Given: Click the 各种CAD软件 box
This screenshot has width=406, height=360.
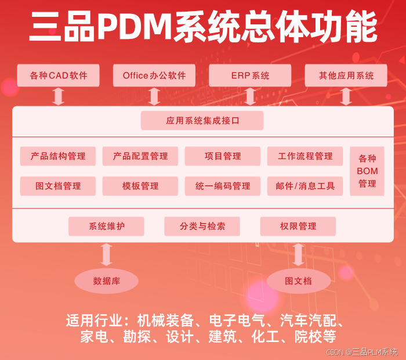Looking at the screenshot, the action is [x=58, y=75].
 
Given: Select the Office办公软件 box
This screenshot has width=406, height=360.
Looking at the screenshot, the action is [x=154, y=75].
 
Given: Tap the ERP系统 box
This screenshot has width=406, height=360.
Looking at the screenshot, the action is [x=250, y=75].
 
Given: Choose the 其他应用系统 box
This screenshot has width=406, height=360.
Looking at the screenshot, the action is [x=346, y=75].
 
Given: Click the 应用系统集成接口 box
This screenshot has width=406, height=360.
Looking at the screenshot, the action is [x=202, y=121].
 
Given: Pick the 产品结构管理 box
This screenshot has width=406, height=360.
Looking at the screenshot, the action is [x=58, y=156].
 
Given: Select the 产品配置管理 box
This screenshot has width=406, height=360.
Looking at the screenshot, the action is [x=140, y=156].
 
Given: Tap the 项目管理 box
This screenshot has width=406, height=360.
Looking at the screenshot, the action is [x=223, y=156].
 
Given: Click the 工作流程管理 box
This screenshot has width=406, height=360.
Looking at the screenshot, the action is [x=305, y=156].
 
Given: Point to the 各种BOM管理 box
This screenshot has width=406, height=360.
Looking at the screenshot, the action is [x=367, y=171].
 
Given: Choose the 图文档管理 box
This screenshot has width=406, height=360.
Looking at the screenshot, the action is [x=58, y=186].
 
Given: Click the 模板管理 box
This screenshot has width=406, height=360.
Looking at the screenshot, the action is [x=140, y=186].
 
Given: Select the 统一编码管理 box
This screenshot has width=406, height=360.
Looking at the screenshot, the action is [x=223, y=186].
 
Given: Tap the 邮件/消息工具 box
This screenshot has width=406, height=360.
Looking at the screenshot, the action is [x=305, y=186].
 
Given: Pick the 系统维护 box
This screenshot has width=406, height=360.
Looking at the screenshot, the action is [x=106, y=226].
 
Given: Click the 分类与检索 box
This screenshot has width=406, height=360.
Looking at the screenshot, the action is [x=202, y=226].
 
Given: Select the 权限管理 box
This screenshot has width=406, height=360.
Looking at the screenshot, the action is [x=298, y=226].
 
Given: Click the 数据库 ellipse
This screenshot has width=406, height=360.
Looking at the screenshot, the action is [x=106, y=281].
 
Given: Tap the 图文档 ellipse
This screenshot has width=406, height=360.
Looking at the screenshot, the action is [x=298, y=281].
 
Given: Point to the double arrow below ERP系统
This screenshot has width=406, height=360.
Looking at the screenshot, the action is [x=250, y=96].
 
